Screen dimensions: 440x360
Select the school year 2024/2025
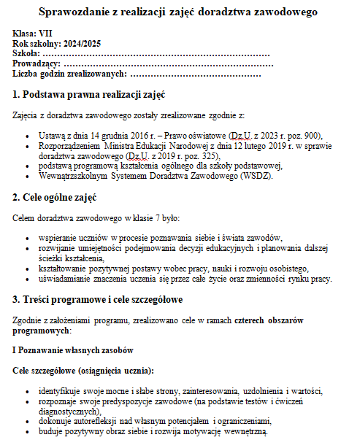coord(79,44)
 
